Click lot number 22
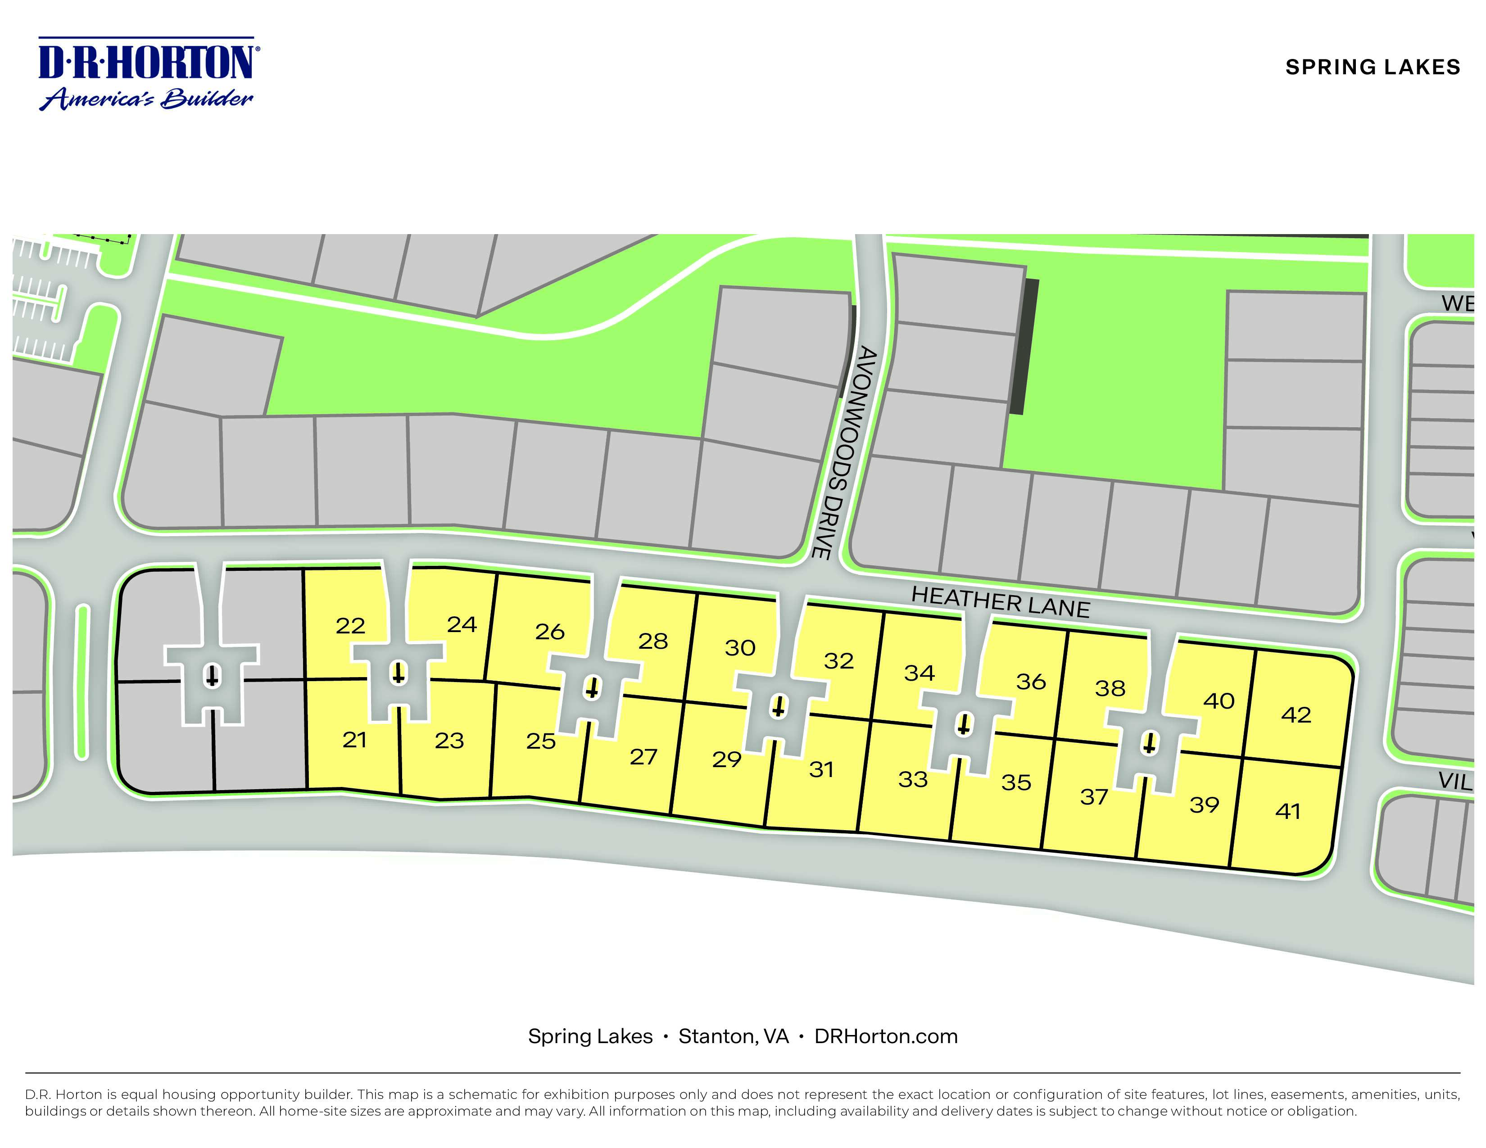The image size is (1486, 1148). tap(350, 626)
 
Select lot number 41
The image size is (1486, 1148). tap(1287, 811)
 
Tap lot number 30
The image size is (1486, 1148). tap(739, 647)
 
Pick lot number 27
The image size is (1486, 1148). tap(643, 756)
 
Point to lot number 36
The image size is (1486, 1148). tap(1030, 682)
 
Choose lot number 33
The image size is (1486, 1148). tap(912, 779)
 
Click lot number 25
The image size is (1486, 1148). tap(540, 741)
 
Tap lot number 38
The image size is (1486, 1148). tap(1110, 688)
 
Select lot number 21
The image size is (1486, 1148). tap(354, 739)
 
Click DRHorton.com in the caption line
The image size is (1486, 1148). tap(886, 1036)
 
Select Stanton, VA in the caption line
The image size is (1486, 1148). tap(734, 1036)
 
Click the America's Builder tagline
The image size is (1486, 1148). tap(147, 99)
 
